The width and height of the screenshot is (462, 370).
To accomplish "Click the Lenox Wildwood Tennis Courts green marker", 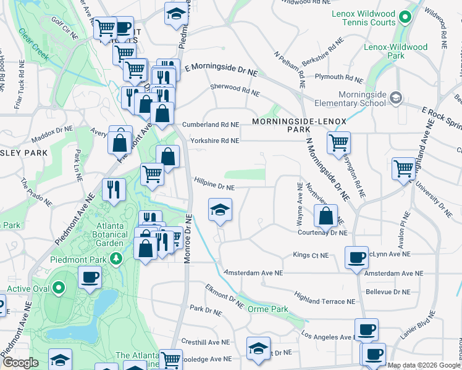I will point(405,17).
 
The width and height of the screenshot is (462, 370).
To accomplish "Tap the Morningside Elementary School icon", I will point(395,97).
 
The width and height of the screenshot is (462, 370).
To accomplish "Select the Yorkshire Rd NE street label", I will point(214,141).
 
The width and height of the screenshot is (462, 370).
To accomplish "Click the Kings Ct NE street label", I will point(310,255).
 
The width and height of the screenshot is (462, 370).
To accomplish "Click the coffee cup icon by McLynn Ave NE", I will point(356,257).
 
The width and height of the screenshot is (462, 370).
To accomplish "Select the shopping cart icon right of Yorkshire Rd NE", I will point(338,142).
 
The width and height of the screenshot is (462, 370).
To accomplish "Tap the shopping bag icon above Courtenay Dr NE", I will point(325,216).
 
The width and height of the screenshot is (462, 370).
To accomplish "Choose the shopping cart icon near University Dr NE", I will point(403,167).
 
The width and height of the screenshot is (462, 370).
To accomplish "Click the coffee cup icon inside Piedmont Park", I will point(90,277).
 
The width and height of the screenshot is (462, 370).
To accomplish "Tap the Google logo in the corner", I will point(20,363).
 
